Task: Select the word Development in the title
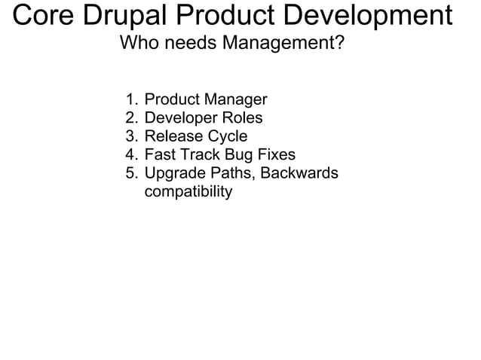tap(374, 16)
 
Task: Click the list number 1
tap(131, 99)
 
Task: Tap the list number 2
tap(131, 118)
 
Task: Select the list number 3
tap(131, 136)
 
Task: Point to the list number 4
tap(131, 155)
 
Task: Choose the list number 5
tap(131, 174)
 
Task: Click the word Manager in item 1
tap(237, 99)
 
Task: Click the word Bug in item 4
tap(240, 155)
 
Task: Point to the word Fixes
tap(277, 155)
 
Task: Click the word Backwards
tap(299, 174)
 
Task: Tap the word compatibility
tap(188, 193)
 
